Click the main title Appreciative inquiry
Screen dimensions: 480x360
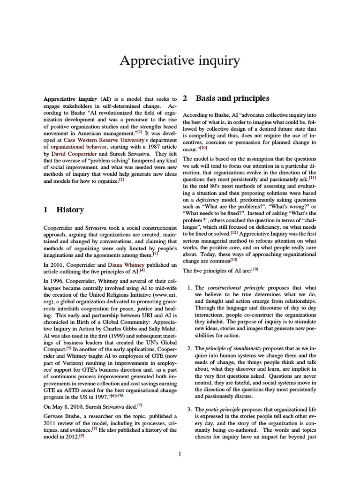(x=180, y=61)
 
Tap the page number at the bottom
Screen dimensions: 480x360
(x=180, y=453)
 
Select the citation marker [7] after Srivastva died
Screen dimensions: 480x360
(x=140, y=405)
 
